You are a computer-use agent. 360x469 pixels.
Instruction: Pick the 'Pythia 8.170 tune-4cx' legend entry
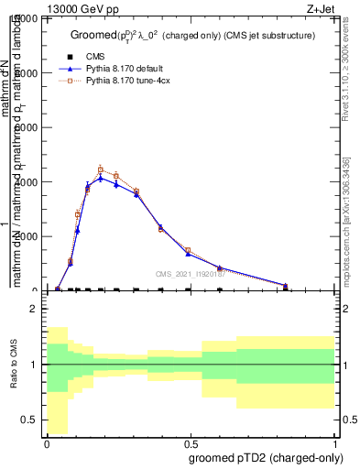coord(123,81)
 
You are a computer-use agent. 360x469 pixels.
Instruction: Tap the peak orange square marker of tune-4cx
coord(101,169)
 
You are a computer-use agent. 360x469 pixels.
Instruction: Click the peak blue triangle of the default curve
coord(101,178)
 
